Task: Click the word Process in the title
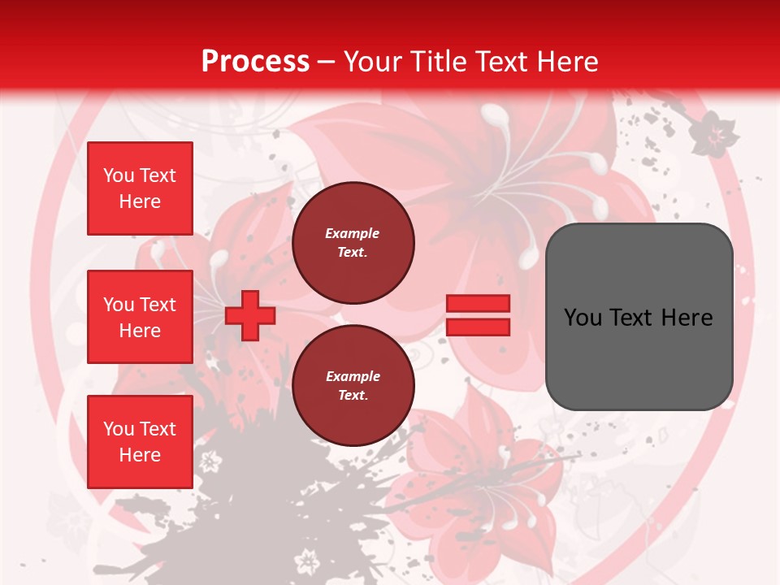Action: coord(255,62)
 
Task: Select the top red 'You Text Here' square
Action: coord(140,188)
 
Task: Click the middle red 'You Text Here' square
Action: coord(140,317)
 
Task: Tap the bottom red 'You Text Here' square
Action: coord(140,441)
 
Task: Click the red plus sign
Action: coord(249,315)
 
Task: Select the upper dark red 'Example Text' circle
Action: coord(353,243)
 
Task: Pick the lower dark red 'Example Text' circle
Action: coord(353,386)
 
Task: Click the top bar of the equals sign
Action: coord(479,304)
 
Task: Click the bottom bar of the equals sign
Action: coord(479,327)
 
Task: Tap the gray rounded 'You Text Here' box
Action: coord(639,316)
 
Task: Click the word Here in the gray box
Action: coord(687,317)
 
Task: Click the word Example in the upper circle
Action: coord(353,233)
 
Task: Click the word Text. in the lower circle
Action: coord(353,396)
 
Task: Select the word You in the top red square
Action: coord(119,175)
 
